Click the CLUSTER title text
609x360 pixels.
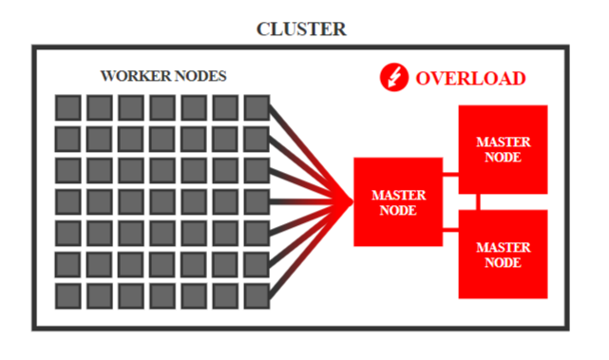(x=301, y=29)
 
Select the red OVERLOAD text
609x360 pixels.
(x=470, y=79)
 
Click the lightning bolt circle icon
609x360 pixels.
(x=394, y=77)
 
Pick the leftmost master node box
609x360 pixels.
(x=398, y=202)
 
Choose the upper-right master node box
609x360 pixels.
(x=503, y=149)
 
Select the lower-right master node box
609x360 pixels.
(x=503, y=255)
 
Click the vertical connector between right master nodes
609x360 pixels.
(x=478, y=202)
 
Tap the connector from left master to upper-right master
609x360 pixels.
(x=450, y=174)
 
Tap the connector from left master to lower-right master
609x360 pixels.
(x=450, y=230)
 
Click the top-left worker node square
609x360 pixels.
(x=68, y=107)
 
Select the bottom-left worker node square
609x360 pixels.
(x=68, y=296)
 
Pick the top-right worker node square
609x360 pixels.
(x=257, y=107)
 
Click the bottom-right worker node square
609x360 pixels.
(x=257, y=296)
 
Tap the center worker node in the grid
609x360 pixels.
(x=162, y=202)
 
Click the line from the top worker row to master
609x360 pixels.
(x=311, y=155)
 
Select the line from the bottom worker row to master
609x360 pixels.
(x=311, y=249)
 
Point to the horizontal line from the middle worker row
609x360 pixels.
(x=311, y=202)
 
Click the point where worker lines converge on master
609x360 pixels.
(x=352, y=202)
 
